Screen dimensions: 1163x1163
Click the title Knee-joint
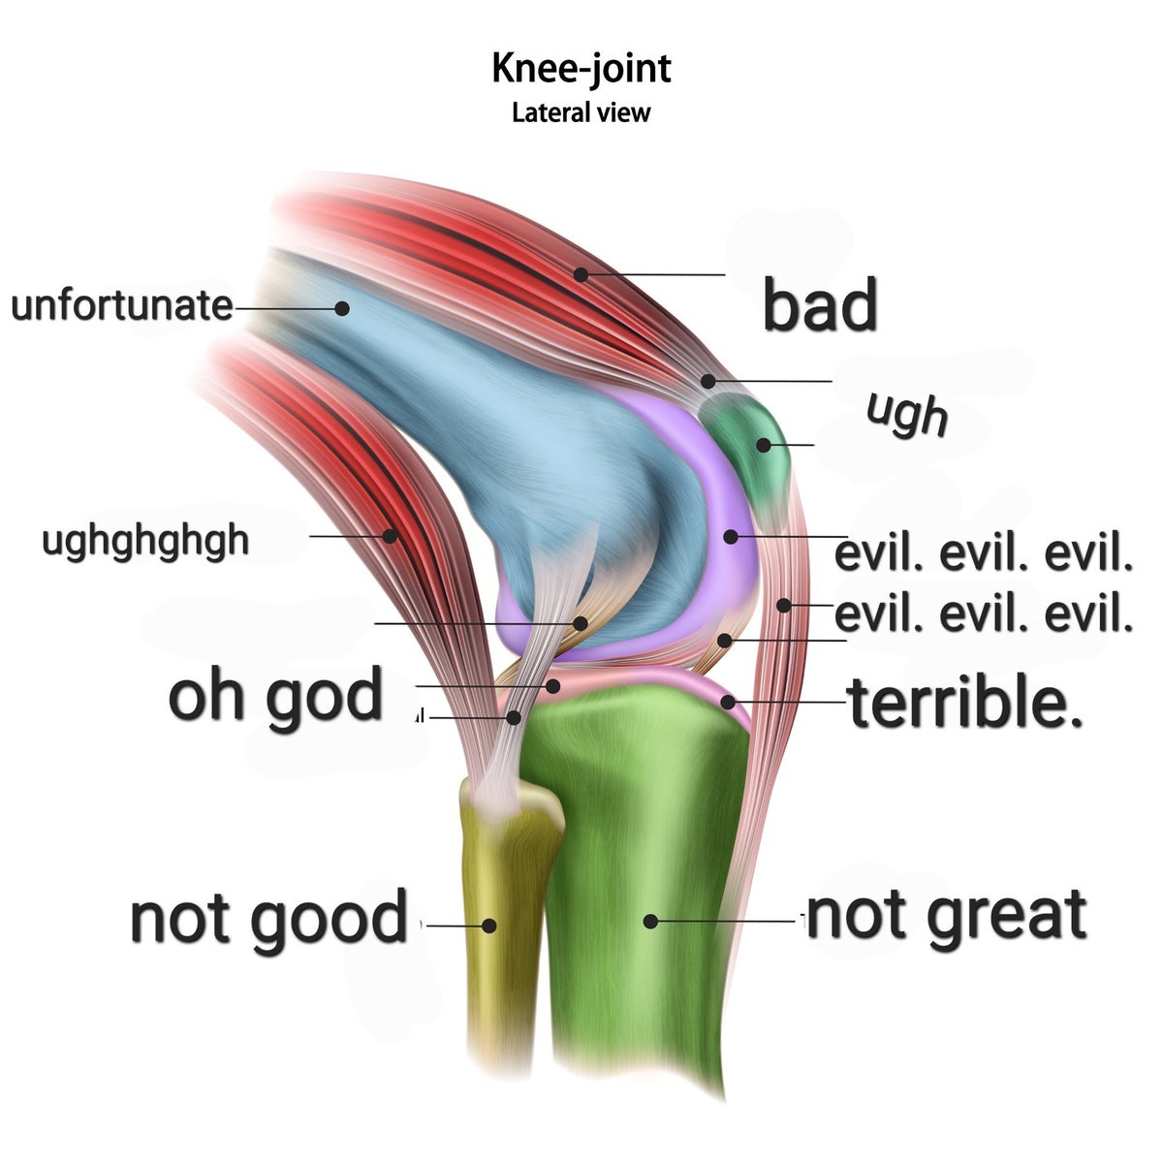tap(581, 69)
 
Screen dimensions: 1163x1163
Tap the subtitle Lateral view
tap(581, 112)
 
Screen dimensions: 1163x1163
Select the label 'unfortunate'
tap(121, 305)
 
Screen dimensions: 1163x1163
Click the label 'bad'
tap(820, 304)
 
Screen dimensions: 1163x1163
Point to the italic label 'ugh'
tap(907, 414)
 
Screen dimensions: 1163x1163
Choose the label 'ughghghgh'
tap(145, 540)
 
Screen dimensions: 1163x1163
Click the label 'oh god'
tap(276, 696)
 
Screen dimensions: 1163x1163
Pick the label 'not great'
tap(946, 915)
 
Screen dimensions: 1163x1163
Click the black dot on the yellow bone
tap(489, 926)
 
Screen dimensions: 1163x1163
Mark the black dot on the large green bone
tap(651, 921)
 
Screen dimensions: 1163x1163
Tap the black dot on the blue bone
tap(342, 308)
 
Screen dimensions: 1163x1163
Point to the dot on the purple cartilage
tap(730, 536)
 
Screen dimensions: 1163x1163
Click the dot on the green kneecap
tap(764, 445)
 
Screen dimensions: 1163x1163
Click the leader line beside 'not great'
tap(727, 921)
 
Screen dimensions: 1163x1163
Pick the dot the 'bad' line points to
tap(581, 274)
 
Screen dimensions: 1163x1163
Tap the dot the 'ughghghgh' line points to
tap(391, 535)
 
